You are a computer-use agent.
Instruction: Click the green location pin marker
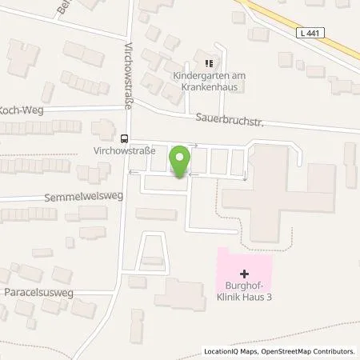[181, 160]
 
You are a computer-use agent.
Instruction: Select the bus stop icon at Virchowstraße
[125, 137]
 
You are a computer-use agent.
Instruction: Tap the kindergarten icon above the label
[207, 63]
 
